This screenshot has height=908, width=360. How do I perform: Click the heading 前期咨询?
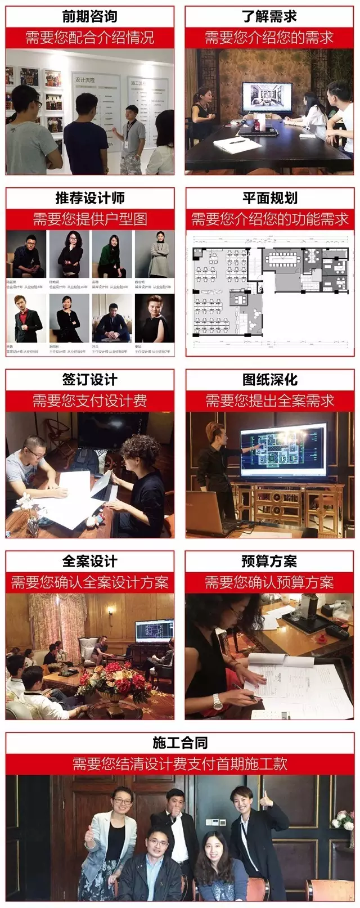click(x=90, y=16)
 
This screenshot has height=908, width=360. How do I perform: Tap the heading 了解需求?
click(x=269, y=16)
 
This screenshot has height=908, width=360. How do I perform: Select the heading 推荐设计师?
click(x=90, y=198)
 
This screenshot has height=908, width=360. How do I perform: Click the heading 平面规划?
click(x=269, y=198)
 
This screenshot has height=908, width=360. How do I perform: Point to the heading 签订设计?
click(x=90, y=380)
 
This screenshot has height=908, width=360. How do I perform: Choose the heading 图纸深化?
click(x=269, y=380)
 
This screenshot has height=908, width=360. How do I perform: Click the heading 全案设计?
click(x=90, y=561)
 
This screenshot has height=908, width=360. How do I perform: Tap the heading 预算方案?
click(x=269, y=561)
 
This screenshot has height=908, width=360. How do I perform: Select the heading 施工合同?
click(x=180, y=743)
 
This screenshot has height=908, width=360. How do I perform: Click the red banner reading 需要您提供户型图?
click(x=90, y=219)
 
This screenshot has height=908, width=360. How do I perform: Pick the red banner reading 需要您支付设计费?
click(x=90, y=401)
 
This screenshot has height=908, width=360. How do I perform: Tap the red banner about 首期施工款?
click(x=180, y=763)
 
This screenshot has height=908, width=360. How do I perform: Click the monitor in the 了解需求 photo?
click(x=267, y=99)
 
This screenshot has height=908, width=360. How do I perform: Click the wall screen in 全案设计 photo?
click(x=154, y=631)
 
